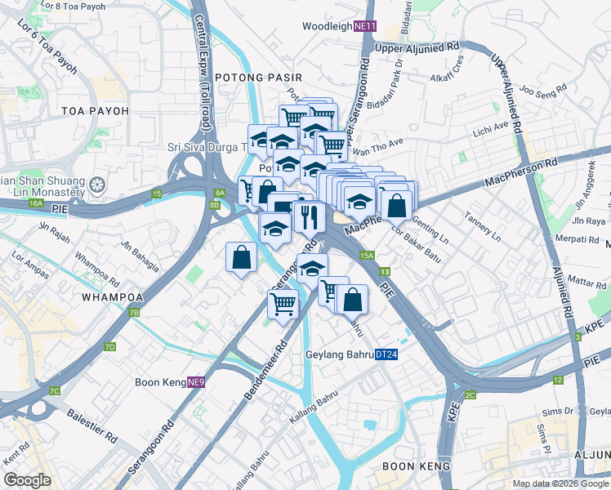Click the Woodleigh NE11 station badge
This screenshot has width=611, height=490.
364,26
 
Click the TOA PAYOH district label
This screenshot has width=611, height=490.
95,110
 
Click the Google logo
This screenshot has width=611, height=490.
27,480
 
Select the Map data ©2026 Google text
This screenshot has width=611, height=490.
560,483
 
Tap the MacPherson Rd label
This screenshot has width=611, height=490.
521,172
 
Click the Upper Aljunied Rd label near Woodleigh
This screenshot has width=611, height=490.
417,48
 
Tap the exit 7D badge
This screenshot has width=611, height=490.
109,347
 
